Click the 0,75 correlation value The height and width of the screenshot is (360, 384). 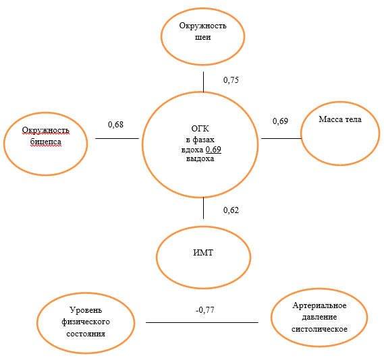click(231, 80)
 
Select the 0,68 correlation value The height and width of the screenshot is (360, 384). click(115, 125)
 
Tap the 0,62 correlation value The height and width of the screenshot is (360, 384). click(231, 210)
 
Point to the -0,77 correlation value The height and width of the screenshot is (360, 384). click(204, 310)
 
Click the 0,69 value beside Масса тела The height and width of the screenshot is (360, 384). click(280, 121)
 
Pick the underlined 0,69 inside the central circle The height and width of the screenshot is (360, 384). click(213, 150)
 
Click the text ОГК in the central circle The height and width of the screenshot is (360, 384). click(200, 129)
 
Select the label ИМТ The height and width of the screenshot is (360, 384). click(203, 252)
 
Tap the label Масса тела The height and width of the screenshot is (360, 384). click(340, 119)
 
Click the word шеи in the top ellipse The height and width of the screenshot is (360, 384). click(202, 37)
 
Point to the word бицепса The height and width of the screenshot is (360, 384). click(45, 142)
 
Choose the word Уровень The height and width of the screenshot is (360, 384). click(86, 310)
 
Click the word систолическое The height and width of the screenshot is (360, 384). click(319, 329)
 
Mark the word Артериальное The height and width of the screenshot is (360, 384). click(319, 305)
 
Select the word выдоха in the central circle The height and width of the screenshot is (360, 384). click(200, 159)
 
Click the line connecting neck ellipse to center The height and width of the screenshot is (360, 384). click(203, 82)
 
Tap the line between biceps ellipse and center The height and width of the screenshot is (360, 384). click(117, 138)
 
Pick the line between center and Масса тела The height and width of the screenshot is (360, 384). click(281, 138)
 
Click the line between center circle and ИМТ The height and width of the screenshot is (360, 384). click(203, 208)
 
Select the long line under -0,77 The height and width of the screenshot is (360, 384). click(202, 322)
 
